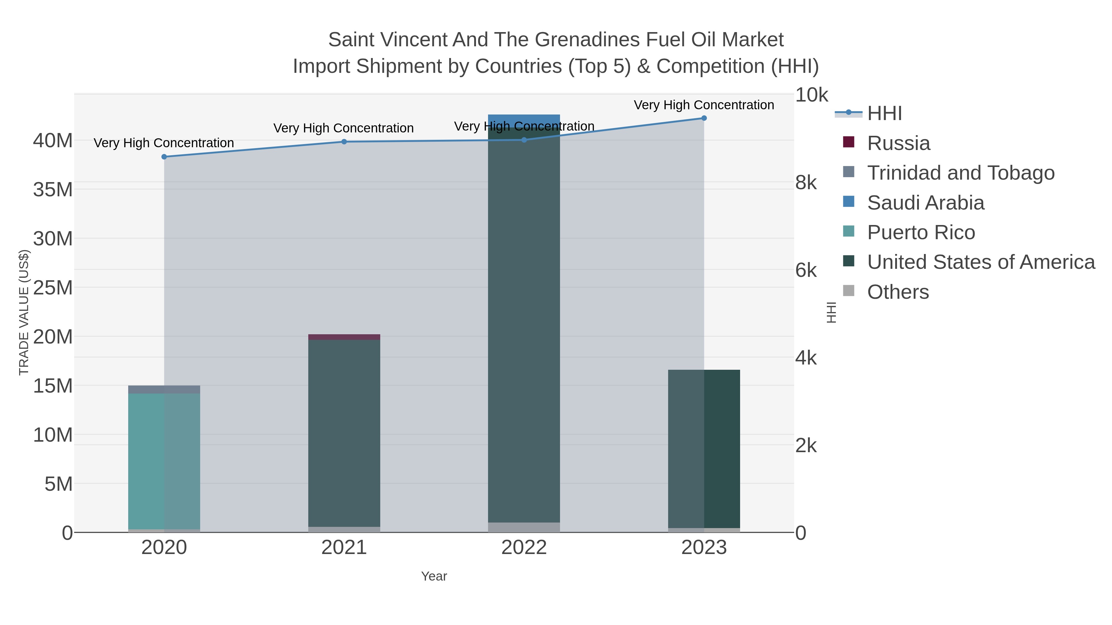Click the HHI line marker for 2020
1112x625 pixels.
point(164,156)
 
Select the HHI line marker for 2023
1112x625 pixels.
point(704,118)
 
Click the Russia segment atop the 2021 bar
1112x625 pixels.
point(344,337)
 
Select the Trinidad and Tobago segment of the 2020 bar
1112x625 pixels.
point(164,390)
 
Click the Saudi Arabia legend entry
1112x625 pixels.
point(925,203)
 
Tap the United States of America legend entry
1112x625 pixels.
point(980,262)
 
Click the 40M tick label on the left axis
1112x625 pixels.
point(53,141)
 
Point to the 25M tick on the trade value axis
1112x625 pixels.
point(53,288)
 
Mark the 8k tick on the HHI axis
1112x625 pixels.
point(806,183)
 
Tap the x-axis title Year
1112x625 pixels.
point(434,576)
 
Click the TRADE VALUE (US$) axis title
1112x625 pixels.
point(24,312)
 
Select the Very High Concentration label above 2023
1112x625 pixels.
point(704,105)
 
